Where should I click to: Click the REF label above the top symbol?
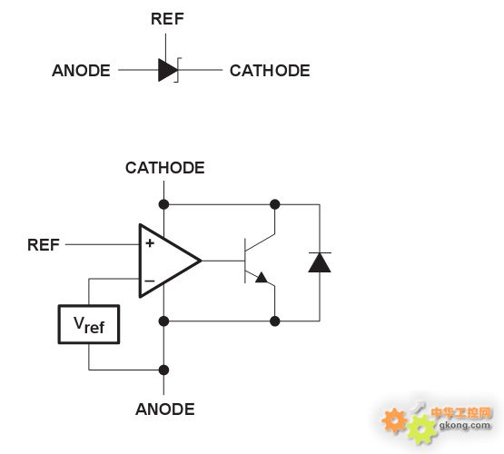167,19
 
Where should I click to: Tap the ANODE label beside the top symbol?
81,71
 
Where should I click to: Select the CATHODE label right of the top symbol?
270,71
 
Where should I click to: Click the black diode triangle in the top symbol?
167,70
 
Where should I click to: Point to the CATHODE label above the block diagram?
165,168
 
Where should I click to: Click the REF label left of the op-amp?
44,245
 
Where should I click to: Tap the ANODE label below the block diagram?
165,410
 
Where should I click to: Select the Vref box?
89,324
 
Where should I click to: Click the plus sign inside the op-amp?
150,243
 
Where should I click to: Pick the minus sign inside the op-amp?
150,281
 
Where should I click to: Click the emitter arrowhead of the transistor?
262,277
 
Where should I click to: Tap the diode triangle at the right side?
320,262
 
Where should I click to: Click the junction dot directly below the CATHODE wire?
164,204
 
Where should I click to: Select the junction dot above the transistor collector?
275,204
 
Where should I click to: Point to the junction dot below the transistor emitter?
275,321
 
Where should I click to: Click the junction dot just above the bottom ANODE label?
164,370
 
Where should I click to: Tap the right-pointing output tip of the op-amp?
201,261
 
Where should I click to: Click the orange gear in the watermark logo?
394,420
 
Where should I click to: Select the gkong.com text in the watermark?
465,426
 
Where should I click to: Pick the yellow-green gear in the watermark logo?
422,429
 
